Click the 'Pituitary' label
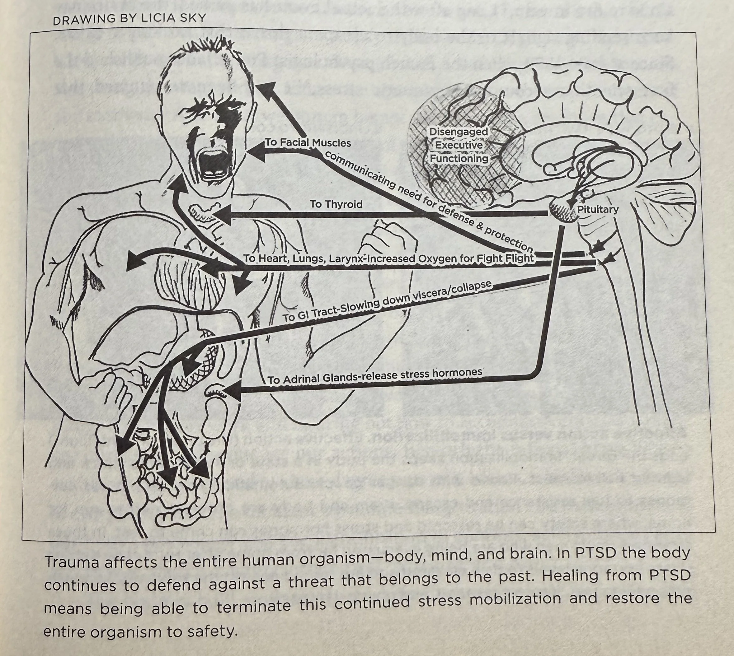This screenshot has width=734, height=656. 598,209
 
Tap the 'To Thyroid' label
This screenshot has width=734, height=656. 336,204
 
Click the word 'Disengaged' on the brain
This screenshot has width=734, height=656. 459,132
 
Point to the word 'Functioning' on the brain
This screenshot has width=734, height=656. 459,159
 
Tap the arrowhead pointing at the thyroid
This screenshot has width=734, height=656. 222,215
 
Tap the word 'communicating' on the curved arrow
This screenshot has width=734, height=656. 361,171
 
